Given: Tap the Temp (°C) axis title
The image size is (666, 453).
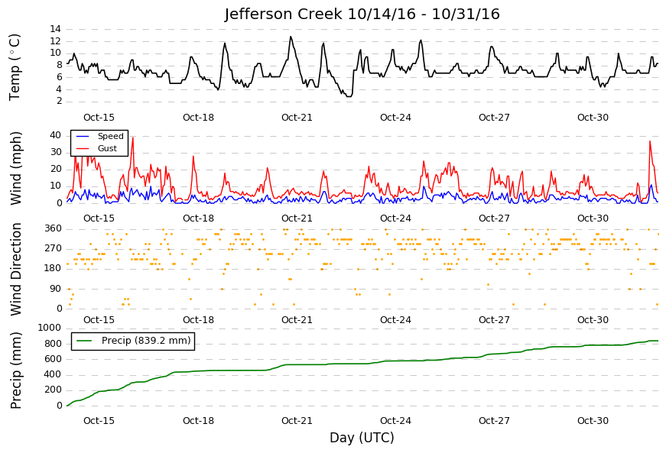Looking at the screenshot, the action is tap(15, 67).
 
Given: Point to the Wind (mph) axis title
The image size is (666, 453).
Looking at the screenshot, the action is tap(15, 168).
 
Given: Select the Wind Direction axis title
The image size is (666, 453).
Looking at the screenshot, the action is tap(15, 270).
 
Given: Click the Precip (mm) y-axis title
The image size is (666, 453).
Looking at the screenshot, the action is tap(15, 370).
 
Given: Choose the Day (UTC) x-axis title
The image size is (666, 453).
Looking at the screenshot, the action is tap(362, 437).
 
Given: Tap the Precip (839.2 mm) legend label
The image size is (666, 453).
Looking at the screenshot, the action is tap(146, 341).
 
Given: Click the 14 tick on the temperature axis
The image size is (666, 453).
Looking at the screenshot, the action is tap(56, 29).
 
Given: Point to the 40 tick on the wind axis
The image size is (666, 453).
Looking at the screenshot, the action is tap(56, 135).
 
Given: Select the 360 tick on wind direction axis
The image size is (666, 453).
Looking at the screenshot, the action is tap(53, 228).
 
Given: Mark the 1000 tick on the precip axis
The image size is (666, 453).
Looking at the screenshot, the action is tap(50, 328).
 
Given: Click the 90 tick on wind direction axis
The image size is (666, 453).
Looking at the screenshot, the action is tap(56, 289).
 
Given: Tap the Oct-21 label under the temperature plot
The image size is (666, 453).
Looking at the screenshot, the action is tap(297, 118).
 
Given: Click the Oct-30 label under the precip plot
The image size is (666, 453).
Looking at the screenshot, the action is tap(593, 421).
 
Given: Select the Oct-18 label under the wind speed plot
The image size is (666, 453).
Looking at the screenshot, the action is tap(198, 218).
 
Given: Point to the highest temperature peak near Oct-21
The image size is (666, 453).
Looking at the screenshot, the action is tap(291, 37).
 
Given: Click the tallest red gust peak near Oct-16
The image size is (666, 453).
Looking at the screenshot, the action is tap(133, 138).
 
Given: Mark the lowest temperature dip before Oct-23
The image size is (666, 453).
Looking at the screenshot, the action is tap(349, 96).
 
